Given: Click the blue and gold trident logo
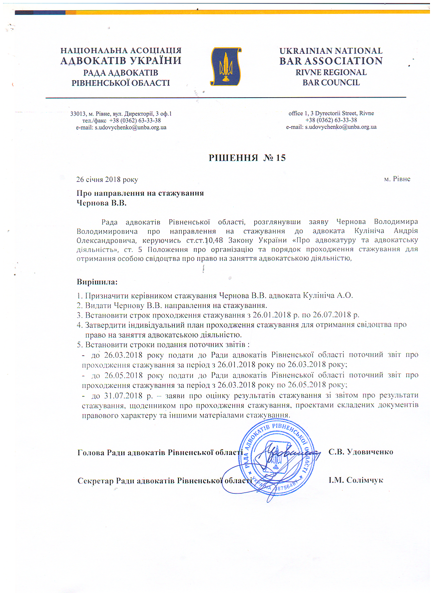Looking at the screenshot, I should (226, 67).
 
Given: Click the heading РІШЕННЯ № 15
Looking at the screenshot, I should (247, 158).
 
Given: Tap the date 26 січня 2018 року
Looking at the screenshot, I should (107, 180).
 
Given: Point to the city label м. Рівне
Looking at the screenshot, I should (397, 179).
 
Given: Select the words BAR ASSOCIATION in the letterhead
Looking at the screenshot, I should (331, 61).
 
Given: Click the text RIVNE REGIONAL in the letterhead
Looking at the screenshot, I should (331, 72).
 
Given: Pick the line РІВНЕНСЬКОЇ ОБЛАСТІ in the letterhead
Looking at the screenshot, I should (121, 83).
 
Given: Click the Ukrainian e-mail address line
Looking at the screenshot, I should (121, 128).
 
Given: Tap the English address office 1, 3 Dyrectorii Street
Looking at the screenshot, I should (331, 113).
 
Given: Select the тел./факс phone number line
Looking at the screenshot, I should (121, 120).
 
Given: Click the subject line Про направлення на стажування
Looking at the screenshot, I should (140, 193).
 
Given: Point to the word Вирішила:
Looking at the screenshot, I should (97, 282).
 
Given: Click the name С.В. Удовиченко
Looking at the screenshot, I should (361, 452).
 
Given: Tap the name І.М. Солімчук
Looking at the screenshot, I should (356, 480).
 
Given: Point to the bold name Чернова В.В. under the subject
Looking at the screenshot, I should (101, 203).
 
